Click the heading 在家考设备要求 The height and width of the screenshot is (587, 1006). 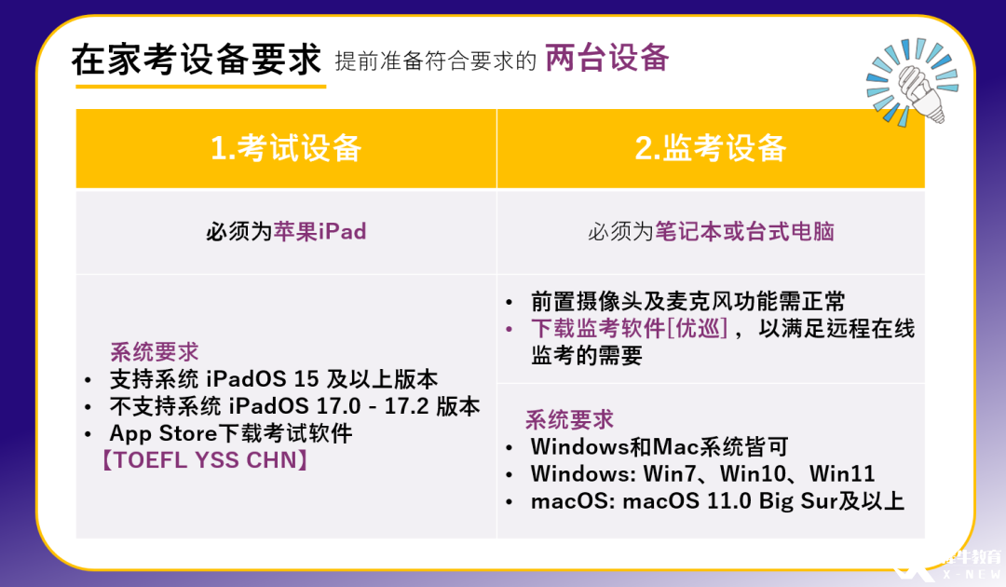tap(197, 61)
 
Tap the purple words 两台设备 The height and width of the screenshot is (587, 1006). tap(607, 58)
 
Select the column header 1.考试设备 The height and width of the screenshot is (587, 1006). tap(286, 148)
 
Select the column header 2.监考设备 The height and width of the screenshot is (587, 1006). tap(711, 148)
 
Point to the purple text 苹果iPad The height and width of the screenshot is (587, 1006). tap(320, 232)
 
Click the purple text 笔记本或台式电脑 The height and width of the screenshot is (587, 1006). tap(744, 232)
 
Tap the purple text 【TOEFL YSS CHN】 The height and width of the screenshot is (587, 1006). tap(205, 460)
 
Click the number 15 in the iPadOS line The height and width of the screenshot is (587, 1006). tap(306, 379)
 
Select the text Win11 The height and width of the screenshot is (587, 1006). tap(842, 474)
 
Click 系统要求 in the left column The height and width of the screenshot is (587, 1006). tap(154, 352)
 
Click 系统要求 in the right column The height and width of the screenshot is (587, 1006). tap(569, 420)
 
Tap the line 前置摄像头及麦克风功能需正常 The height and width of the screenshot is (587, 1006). tap(687, 301)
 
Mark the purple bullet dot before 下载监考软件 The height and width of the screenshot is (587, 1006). tap(509, 330)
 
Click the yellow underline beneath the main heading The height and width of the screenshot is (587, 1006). tap(201, 86)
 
